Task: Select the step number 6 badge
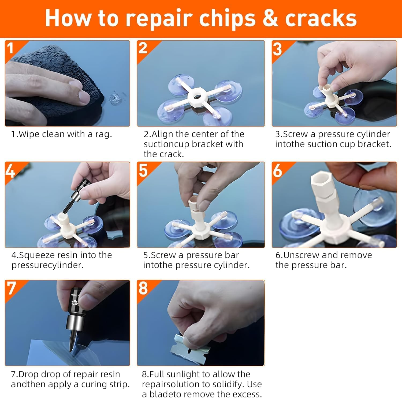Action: coord(277,170)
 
